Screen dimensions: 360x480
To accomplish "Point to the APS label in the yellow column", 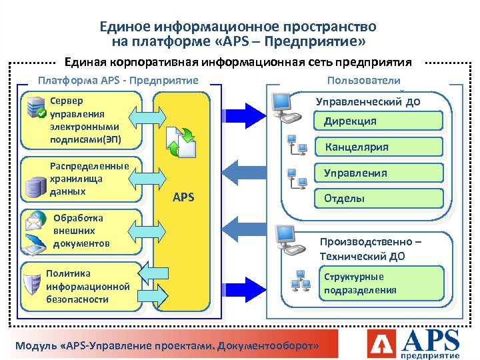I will (x=183, y=197).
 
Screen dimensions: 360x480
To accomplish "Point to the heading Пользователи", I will (x=364, y=80).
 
